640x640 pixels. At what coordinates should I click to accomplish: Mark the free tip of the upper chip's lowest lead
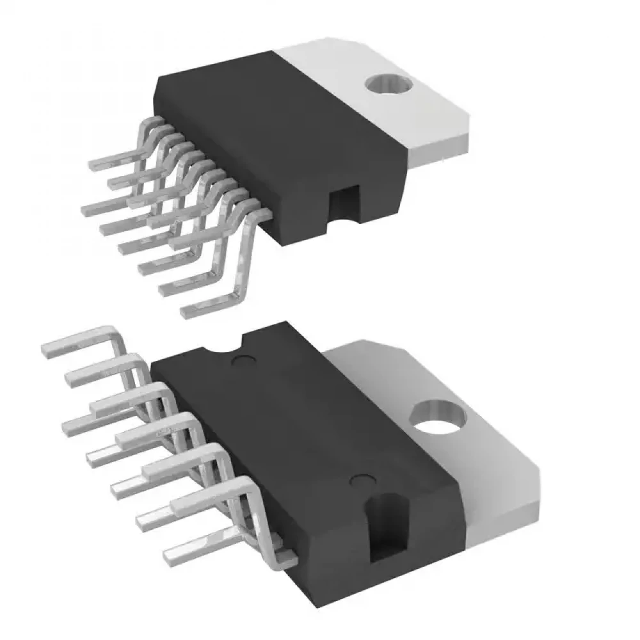pos(187,312)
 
